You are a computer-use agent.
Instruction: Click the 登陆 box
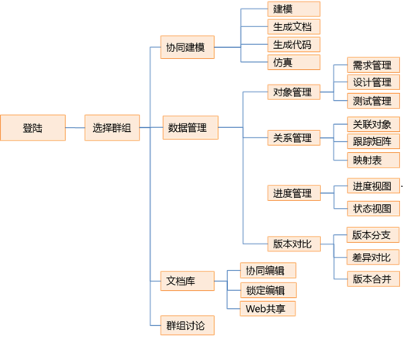pyautogui.click(x=33, y=128)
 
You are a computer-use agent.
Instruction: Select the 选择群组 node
pyautogui.click(x=112, y=128)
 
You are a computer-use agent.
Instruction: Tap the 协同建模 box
pyautogui.click(x=188, y=47)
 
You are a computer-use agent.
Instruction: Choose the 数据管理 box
pyautogui.click(x=190, y=127)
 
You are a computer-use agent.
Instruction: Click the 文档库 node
pyautogui.click(x=188, y=281)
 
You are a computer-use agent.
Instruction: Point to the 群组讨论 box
pyautogui.click(x=188, y=325)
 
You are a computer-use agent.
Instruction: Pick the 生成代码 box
pyautogui.click(x=294, y=44)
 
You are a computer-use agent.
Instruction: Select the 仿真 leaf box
pyautogui.click(x=294, y=62)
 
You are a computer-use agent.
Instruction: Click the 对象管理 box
pyautogui.click(x=294, y=92)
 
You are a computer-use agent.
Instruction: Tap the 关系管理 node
pyautogui.click(x=294, y=138)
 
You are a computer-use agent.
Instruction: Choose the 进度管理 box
pyautogui.click(x=294, y=192)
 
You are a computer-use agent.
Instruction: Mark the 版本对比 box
pyautogui.click(x=294, y=244)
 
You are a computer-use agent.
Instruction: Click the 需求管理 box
pyautogui.click(x=374, y=65)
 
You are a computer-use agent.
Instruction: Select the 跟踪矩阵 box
pyautogui.click(x=374, y=141)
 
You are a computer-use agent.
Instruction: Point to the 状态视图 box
pyautogui.click(x=374, y=208)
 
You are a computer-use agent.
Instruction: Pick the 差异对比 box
pyautogui.click(x=373, y=257)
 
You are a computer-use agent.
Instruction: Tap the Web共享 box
pyautogui.click(x=268, y=309)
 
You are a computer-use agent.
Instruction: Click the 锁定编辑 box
pyautogui.click(x=268, y=290)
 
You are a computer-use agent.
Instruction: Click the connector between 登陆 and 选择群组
pyautogui.click(x=75, y=128)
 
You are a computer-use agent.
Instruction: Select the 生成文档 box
pyautogui.click(x=294, y=26)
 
